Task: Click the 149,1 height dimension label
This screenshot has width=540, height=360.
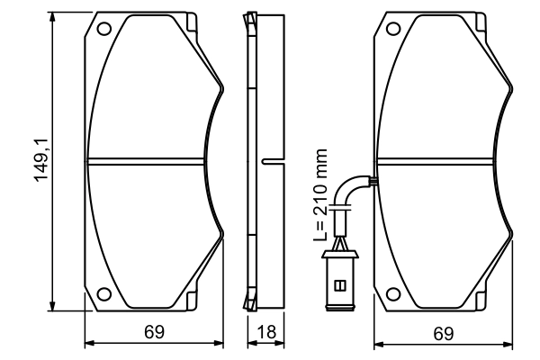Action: [40, 161]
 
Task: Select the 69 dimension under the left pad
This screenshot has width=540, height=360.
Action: [154, 333]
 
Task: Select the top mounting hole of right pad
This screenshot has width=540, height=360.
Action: [392, 28]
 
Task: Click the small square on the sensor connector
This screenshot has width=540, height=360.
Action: [339, 285]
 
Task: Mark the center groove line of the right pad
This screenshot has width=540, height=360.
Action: [441, 161]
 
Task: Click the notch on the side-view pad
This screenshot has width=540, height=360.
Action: [265, 161]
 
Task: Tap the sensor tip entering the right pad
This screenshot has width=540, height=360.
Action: [371, 182]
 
